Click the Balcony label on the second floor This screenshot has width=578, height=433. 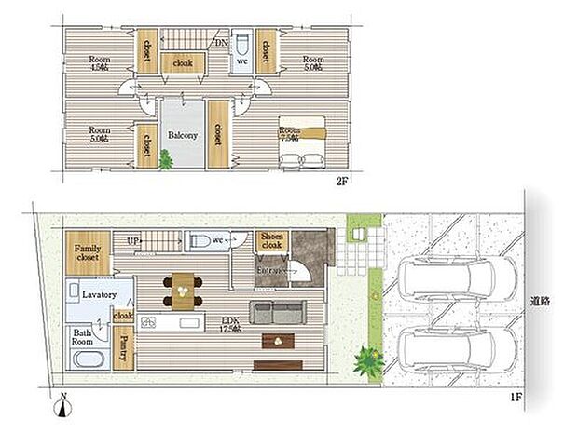(x=182, y=135)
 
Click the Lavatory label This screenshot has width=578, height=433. (x=98, y=294)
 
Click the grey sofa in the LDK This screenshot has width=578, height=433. (x=274, y=311)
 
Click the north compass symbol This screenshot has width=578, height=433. (x=62, y=405)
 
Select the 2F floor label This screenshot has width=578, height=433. (x=343, y=182)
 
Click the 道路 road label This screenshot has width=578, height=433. (x=540, y=301)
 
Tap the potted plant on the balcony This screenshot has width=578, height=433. (x=167, y=161)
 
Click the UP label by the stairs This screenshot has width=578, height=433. (x=131, y=240)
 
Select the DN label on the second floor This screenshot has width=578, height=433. (x=222, y=43)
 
